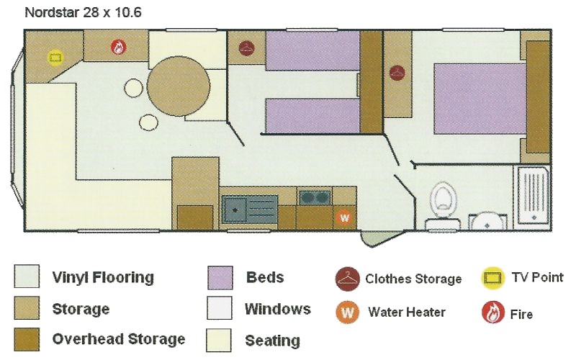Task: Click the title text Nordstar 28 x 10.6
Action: [83, 12]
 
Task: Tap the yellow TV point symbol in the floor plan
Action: [55, 58]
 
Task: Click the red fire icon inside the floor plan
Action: [118, 48]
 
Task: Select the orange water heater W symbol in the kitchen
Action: [345, 217]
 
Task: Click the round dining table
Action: [179, 86]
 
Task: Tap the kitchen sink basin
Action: [235, 209]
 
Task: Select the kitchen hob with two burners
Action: [314, 197]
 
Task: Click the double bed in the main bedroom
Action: [480, 99]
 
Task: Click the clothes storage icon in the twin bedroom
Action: [246, 48]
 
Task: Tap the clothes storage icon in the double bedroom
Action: [397, 73]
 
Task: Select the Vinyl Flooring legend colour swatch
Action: [27, 276]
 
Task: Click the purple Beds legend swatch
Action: [220, 278]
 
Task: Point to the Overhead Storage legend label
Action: [119, 339]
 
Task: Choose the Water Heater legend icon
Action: [348, 312]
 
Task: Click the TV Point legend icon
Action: [492, 278]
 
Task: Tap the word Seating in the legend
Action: [273, 341]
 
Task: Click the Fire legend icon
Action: [493, 312]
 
